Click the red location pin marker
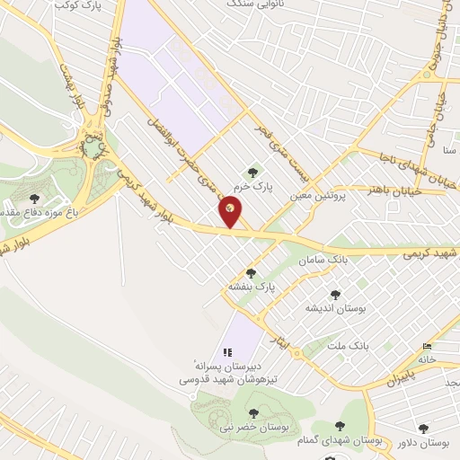[230, 212]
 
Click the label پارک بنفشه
[252, 287]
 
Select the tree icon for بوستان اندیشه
[335, 294]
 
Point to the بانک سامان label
[327, 258]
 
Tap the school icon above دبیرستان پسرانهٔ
[224, 352]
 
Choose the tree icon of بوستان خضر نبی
[254, 413]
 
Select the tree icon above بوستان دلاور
[422, 430]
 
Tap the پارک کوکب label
[76, 6]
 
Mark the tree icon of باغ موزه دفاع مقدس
[34, 199]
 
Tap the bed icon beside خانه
[427, 346]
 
